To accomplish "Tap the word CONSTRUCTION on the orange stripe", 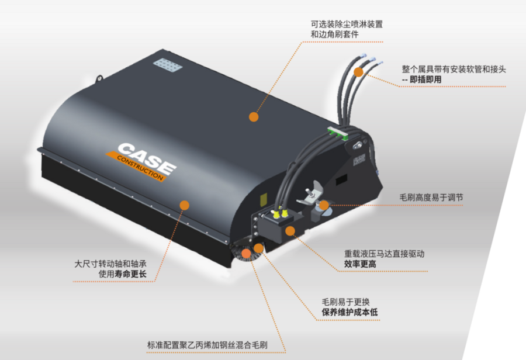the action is pyautogui.click(x=140, y=167).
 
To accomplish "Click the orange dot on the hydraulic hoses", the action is pyautogui.click(x=359, y=72).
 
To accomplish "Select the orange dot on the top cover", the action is pyautogui.click(x=254, y=117).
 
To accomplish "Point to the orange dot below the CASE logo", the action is pyautogui.click(x=184, y=205).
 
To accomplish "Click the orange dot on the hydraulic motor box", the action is pyautogui.click(x=290, y=231).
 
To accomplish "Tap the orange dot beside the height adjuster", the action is pyautogui.click(x=324, y=205).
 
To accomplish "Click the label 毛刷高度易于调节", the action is pyautogui.click(x=431, y=198).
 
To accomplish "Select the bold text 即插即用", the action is pyautogui.click(x=425, y=79).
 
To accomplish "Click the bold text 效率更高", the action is pyautogui.click(x=360, y=264).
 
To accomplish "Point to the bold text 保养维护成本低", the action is pyautogui.click(x=350, y=312).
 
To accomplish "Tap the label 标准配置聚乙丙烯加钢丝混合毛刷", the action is pyautogui.click(x=207, y=345).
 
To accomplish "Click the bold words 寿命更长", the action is pyautogui.click(x=130, y=274).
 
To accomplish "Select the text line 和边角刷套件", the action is pyautogui.click(x=334, y=34).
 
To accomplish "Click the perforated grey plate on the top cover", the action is pyautogui.click(x=168, y=64).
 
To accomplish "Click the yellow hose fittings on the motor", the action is pyautogui.click(x=280, y=212).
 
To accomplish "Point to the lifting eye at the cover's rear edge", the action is pyautogui.click(x=99, y=78).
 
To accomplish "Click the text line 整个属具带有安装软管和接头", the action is pyautogui.click(x=454, y=69).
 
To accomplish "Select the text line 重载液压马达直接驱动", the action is pyautogui.click(x=385, y=254).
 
